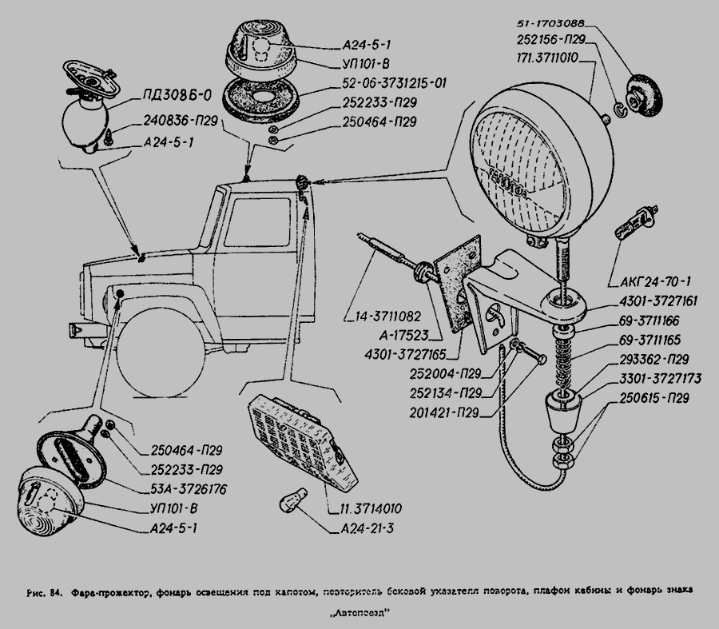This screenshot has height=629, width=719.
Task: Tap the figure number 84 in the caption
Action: [55, 593]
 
